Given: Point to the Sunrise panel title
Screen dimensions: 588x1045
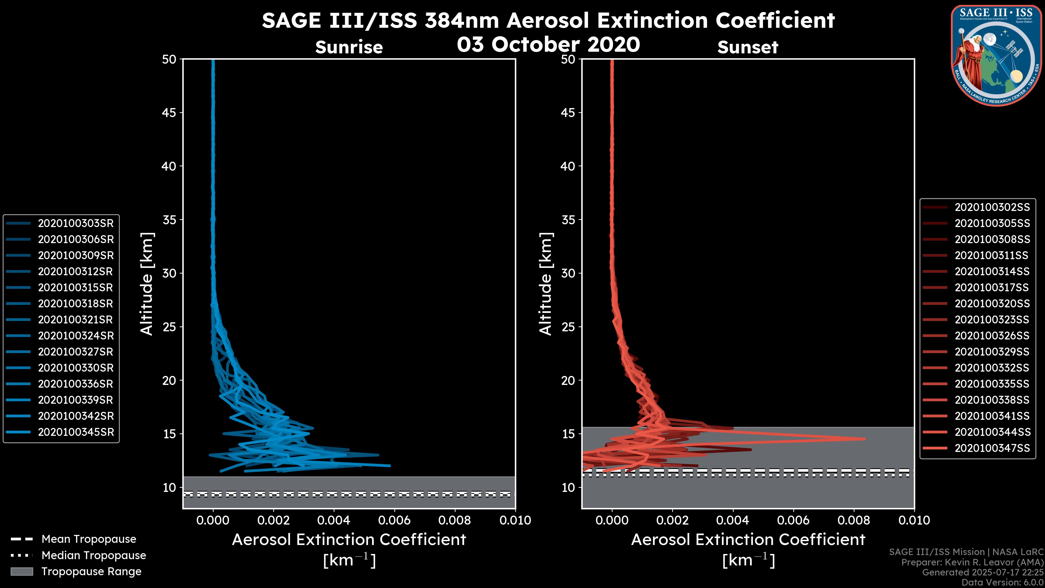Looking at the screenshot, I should (349, 47).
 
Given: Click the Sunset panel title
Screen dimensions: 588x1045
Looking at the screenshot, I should (748, 47).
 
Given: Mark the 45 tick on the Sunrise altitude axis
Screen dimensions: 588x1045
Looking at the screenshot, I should (170, 112).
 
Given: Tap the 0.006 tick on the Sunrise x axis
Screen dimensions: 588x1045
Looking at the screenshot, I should (394, 520).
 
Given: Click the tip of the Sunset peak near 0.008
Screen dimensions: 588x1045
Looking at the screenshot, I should (865, 439).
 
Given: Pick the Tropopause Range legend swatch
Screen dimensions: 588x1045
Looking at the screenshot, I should (22, 571).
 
